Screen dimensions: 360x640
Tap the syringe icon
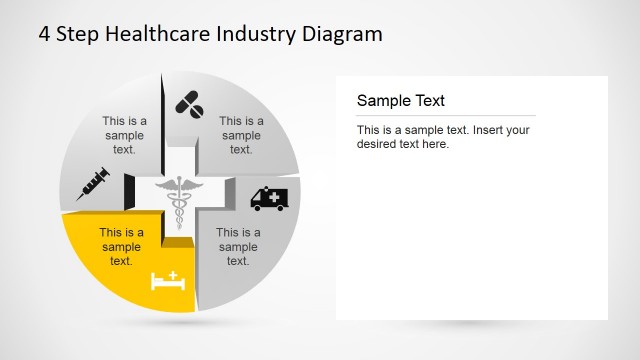click(93, 184)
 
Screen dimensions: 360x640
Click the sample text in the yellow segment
click(121, 247)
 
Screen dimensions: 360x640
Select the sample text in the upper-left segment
click(124, 135)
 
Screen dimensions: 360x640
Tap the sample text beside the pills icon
click(241, 135)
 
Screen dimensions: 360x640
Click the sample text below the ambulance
click(238, 247)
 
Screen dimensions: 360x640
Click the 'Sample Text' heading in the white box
click(401, 101)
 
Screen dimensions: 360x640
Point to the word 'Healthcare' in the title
click(146, 34)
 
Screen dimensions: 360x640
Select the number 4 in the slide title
click(45, 34)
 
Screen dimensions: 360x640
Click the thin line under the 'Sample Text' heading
click(446, 116)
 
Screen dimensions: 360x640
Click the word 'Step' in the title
click(76, 34)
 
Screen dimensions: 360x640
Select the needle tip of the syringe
click(79, 197)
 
